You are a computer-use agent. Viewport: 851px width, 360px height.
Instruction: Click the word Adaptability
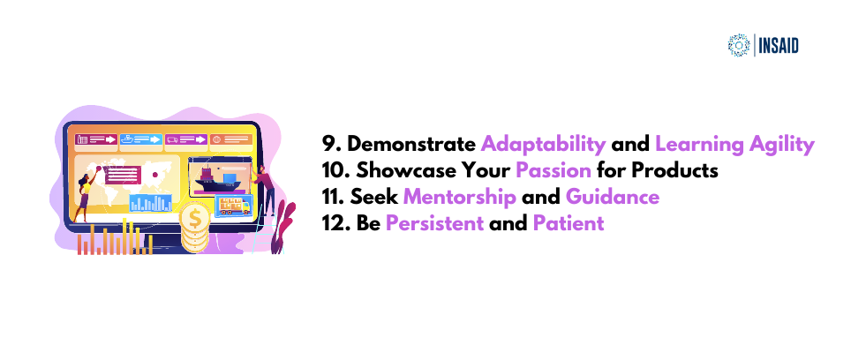544,145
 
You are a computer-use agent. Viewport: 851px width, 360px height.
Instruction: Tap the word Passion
554,171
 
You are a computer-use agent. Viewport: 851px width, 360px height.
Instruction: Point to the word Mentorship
460,197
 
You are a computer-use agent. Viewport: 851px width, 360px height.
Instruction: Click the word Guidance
613,197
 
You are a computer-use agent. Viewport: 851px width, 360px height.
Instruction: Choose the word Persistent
434,223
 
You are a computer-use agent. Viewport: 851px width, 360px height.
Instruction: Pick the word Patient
569,223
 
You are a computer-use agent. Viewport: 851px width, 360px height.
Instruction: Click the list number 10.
335,171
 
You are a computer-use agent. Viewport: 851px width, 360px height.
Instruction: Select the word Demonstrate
411,145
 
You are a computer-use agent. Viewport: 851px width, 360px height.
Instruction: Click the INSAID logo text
779,46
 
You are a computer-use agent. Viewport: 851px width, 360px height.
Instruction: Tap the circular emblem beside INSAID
739,46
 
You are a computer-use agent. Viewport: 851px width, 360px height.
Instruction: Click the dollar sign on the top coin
195,219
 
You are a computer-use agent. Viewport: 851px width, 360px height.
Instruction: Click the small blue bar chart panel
150,202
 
